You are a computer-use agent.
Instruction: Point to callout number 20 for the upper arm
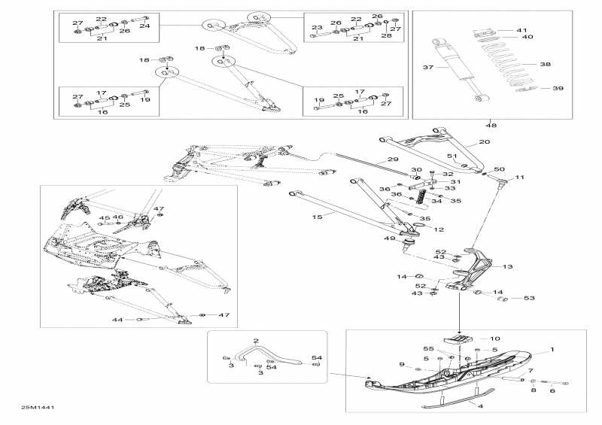[x=484, y=141]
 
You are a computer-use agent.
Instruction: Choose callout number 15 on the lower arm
[x=317, y=217]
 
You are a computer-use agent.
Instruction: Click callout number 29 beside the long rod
[x=393, y=159]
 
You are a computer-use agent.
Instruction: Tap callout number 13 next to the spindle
[x=507, y=266]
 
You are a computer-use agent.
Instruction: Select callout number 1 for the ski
[x=552, y=350]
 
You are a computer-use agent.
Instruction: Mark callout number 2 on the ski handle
[x=256, y=341]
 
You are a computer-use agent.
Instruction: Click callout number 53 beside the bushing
[x=528, y=299]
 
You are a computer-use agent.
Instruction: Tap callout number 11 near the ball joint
[x=519, y=178]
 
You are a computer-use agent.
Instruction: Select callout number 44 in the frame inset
[x=117, y=320]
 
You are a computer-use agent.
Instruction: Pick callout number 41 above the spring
[x=522, y=30]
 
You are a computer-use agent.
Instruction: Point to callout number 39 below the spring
[x=558, y=89]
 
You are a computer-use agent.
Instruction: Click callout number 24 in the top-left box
[x=144, y=26]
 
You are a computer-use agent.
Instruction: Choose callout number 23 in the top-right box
[x=317, y=28]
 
